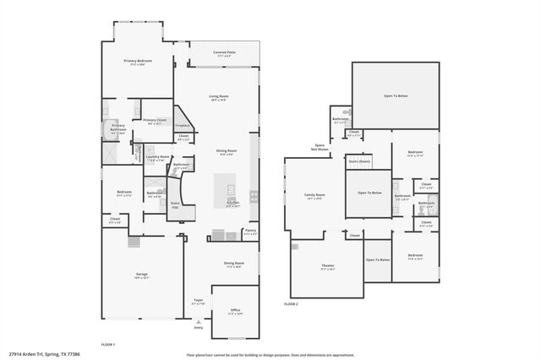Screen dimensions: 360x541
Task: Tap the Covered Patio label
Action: click(x=224, y=52)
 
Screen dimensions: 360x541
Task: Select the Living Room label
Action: click(x=219, y=96)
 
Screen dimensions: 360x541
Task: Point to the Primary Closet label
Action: click(x=154, y=121)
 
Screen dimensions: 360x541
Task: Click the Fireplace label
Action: click(x=183, y=125)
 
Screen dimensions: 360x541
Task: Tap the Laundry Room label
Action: click(x=158, y=156)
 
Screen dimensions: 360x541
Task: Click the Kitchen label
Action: click(x=232, y=203)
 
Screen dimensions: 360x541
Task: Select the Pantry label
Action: click(x=250, y=230)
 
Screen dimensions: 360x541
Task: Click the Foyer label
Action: click(x=199, y=300)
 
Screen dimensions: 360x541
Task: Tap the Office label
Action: click(x=236, y=310)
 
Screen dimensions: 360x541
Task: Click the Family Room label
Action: click(x=315, y=195)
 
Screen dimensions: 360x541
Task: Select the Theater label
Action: click(x=327, y=266)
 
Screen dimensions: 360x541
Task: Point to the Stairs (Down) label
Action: click(x=359, y=161)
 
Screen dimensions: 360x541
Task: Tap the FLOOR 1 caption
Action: click(x=107, y=344)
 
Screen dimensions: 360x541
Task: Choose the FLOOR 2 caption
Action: click(x=291, y=303)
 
